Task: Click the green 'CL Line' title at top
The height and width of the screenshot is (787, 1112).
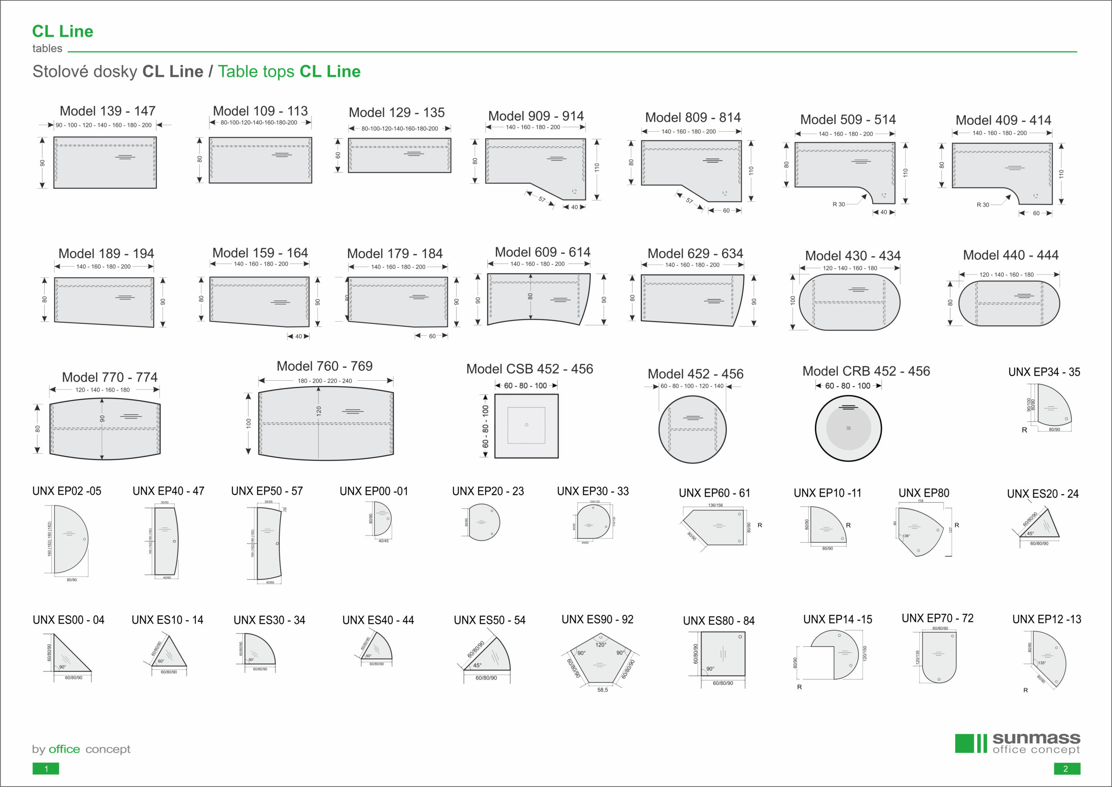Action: click(x=63, y=31)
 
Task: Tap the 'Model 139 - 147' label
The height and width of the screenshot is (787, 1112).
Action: click(x=108, y=111)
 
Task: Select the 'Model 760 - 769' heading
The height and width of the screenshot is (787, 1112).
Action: click(x=324, y=366)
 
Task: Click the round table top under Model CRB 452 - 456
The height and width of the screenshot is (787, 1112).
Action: click(x=848, y=428)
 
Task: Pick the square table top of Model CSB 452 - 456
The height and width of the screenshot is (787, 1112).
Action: click(x=526, y=425)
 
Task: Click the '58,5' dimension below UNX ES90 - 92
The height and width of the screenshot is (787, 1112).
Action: click(x=602, y=690)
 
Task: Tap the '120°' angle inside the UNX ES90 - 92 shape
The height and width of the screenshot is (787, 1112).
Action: click(x=601, y=645)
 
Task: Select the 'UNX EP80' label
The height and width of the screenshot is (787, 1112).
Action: click(x=923, y=493)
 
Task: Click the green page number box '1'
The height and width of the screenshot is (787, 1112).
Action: click(x=46, y=769)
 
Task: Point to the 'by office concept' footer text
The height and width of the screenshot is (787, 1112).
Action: click(x=81, y=749)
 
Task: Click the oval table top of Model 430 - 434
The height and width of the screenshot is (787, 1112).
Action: click(x=849, y=302)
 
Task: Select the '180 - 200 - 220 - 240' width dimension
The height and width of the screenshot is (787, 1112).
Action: click(x=324, y=381)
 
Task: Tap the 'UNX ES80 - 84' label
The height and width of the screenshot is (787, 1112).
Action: click(x=718, y=621)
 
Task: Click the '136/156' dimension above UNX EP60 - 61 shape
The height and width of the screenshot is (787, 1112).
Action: click(x=715, y=505)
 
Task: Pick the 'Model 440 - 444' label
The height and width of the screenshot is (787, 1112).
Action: click(x=1010, y=255)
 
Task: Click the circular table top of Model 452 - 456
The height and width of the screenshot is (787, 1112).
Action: click(x=692, y=429)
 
